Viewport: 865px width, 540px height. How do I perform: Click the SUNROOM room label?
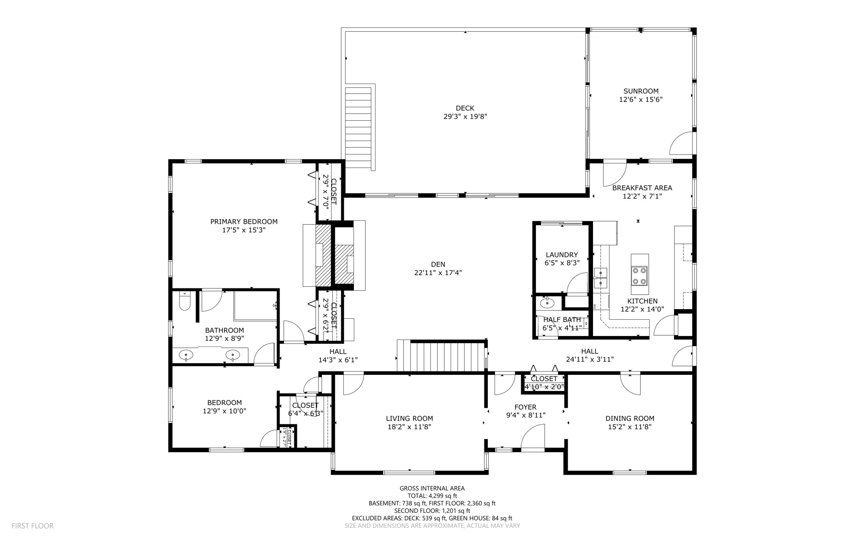641,91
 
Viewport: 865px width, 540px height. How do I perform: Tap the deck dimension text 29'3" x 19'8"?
465,117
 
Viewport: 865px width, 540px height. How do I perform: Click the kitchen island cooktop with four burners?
639,276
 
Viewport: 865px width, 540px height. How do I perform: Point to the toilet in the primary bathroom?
185,301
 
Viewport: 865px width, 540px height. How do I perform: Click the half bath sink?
547,303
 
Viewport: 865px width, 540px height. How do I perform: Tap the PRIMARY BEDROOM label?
244,222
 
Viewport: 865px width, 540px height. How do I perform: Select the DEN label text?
438,264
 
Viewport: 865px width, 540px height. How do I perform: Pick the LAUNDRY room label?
561,255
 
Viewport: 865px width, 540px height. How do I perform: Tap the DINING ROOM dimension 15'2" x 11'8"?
629,427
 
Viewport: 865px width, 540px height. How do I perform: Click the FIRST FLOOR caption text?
33,526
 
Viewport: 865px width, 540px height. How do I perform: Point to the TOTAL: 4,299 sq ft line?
432,496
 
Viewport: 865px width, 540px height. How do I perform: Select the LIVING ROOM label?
409,418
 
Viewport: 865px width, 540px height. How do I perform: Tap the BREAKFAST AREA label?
642,188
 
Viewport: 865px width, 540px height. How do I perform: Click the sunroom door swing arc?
680,144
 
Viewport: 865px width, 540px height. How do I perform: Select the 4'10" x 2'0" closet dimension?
544,386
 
